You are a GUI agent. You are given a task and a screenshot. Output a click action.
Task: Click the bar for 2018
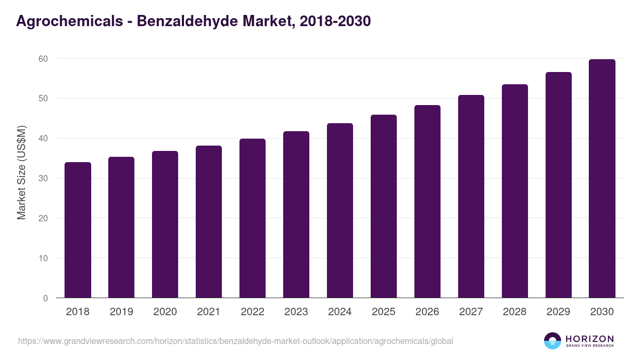[x=78, y=230]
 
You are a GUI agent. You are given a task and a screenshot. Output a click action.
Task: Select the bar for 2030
[x=602, y=179]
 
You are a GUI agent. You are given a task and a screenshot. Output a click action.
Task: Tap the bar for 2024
[x=340, y=211]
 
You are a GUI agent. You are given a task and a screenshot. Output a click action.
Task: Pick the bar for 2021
[x=209, y=222]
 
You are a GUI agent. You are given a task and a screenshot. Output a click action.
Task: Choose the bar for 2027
[x=471, y=196]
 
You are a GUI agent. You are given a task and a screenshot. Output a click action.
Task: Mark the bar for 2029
[x=558, y=185]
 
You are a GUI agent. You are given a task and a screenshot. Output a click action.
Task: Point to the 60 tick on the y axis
[x=43, y=59]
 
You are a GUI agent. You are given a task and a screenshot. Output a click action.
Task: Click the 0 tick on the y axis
[x=45, y=298]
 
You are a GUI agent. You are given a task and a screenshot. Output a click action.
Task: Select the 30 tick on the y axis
[x=43, y=179]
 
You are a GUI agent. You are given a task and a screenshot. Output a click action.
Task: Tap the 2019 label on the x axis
[x=122, y=312]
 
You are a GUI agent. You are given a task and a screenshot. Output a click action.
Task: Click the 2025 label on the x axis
[x=383, y=312]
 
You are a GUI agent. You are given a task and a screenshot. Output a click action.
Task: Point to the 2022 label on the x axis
[x=252, y=312]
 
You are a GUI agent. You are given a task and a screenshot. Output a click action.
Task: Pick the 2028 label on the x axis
[x=515, y=312]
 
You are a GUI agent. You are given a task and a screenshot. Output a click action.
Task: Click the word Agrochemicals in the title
[x=70, y=21]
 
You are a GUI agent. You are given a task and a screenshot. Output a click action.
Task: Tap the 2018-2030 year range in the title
[x=335, y=21]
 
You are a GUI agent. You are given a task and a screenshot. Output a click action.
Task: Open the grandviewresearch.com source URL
[x=235, y=341]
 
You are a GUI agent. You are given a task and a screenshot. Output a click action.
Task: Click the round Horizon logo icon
[x=553, y=341]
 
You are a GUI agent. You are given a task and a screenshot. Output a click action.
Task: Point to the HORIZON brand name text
[x=589, y=339]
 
